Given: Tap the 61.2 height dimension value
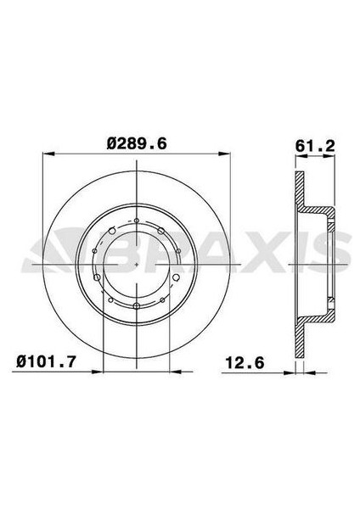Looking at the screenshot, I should [x=314, y=143].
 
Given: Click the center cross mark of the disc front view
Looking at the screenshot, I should [x=137, y=263].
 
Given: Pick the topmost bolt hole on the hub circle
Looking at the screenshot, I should [x=137, y=220].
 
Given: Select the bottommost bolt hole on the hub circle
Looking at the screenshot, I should [x=137, y=306].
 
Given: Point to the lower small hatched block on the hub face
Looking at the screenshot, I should [x=329, y=301].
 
